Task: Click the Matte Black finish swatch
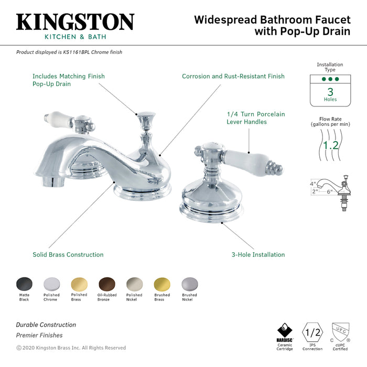(24, 284)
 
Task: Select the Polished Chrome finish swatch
(51, 284)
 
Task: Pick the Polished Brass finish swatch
(79, 284)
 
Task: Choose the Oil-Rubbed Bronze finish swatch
(106, 284)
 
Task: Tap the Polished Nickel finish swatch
(134, 284)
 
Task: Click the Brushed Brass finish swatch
(162, 284)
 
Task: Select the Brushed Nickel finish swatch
(189, 284)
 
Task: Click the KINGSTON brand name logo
(75, 22)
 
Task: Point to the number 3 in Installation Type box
(330, 91)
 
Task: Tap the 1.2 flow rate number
(330, 145)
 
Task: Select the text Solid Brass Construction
(68, 255)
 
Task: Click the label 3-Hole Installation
(258, 255)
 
